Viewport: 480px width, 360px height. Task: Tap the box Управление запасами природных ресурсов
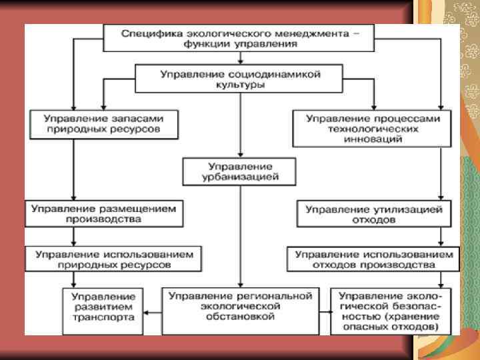pos(103,124)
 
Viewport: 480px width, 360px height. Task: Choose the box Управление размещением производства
pos(103,213)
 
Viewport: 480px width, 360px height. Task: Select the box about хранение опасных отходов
pos(390,311)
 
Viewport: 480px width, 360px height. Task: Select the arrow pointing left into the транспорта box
pos(153,311)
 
